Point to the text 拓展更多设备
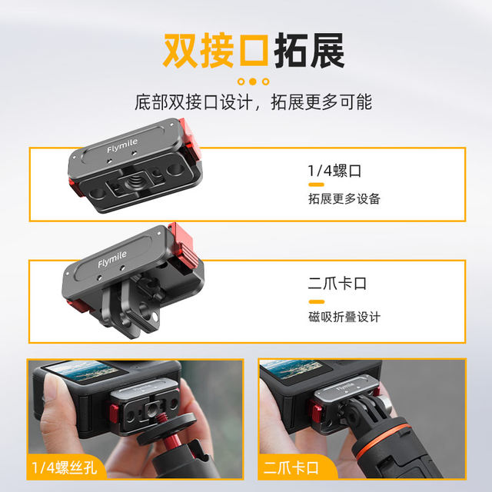pos(344,198)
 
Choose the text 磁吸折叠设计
pos(344,317)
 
